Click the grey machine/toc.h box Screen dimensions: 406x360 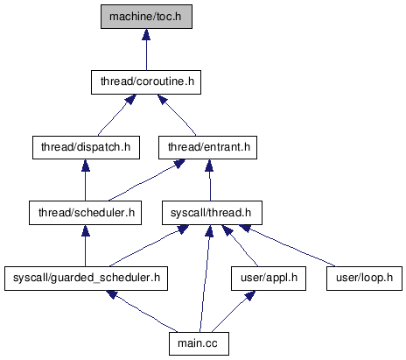click(146, 17)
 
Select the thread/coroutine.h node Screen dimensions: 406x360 click(146, 82)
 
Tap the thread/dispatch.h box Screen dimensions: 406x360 click(86, 147)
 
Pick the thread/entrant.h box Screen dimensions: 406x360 click(207, 147)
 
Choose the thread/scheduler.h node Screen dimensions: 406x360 click(85, 213)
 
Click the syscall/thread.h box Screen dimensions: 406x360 click(212, 213)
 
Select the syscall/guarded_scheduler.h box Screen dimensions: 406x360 click(86, 279)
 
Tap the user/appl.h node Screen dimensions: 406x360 click(269, 279)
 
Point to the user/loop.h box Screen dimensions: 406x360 click(364, 279)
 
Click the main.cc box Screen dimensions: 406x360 click(199, 343)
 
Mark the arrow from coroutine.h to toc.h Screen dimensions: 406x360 click(146, 50)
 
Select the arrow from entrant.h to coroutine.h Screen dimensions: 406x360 click(177, 115)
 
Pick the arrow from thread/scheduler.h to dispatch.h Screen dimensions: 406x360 click(86, 180)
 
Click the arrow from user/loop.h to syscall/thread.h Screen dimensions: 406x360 click(287, 246)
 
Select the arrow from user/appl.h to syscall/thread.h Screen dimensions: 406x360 click(240, 246)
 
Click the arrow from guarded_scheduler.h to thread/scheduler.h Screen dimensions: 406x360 click(86, 245)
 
